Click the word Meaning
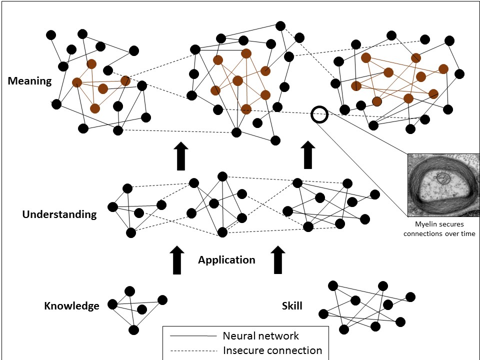click(29, 80)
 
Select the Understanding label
click(59, 214)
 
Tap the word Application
click(226, 260)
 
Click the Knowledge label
click(71, 306)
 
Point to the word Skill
click(291, 305)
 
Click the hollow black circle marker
click(319, 114)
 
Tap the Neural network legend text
click(261, 336)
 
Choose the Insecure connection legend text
click(272, 350)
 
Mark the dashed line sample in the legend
click(193, 350)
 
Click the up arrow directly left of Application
click(176, 259)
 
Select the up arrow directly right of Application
click(279, 259)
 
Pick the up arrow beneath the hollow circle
click(309, 155)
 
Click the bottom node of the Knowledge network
click(133, 329)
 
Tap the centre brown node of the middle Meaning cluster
click(237, 80)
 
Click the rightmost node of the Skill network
click(410, 297)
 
